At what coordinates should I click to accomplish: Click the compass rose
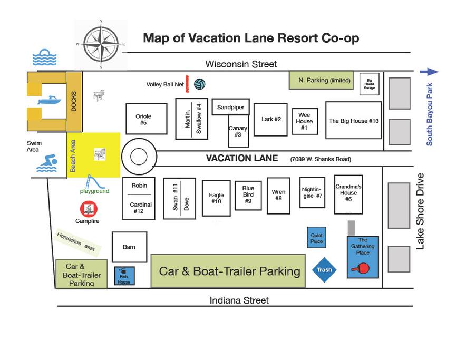[x=101, y=44]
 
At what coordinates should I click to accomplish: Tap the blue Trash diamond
[x=324, y=270]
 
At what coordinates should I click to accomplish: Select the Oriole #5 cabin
[x=147, y=119]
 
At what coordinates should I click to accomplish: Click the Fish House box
[x=124, y=276]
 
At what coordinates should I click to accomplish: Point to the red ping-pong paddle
[x=361, y=268]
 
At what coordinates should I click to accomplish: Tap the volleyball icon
[x=199, y=84]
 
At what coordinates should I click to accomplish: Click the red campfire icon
[x=89, y=209]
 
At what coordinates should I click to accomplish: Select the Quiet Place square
[x=316, y=238]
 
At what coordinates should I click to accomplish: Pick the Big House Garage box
[x=370, y=84]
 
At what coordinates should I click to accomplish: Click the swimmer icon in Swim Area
[x=47, y=163]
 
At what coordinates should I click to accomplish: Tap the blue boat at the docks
[x=50, y=100]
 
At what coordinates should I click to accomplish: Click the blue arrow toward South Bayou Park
[x=429, y=72]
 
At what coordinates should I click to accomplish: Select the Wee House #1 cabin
[x=305, y=121]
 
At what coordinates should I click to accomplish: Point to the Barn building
[x=129, y=247]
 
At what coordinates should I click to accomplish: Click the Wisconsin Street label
[x=241, y=64]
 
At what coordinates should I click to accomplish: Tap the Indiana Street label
[x=239, y=300]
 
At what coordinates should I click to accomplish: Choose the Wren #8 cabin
[x=278, y=196]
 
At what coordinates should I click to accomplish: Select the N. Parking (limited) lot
[x=321, y=80]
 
